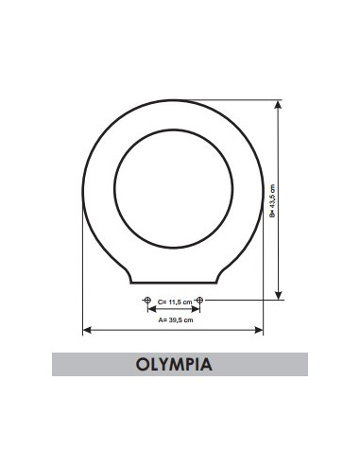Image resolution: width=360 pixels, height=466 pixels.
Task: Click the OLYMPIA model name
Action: click(179, 364)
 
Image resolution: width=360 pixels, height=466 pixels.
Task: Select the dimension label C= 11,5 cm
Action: click(174, 302)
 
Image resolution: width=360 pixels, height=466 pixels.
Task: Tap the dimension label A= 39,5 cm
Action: click(175, 319)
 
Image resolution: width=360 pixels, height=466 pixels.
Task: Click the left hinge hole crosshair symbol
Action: click(146, 301)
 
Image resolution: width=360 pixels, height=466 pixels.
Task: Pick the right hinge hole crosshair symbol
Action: click(199, 301)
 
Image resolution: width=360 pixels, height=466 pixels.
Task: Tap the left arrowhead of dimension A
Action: click(88, 330)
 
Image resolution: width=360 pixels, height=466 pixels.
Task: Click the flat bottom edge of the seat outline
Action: click(174, 282)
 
